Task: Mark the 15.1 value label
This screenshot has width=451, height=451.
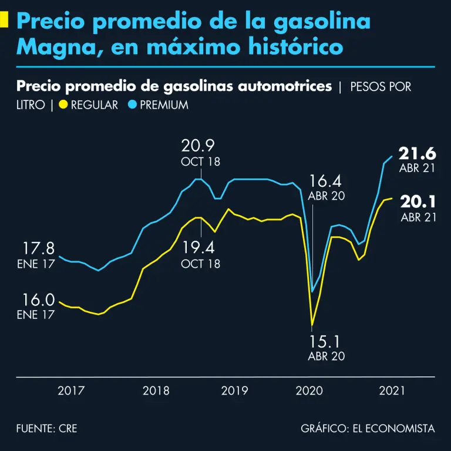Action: [x=326, y=341]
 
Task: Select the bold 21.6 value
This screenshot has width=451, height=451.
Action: [x=418, y=154]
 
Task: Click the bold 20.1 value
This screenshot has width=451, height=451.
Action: [x=418, y=202]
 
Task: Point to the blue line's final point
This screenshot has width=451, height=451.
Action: [x=392, y=156]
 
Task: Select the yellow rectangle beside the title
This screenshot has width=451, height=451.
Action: [x=4, y=21]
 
